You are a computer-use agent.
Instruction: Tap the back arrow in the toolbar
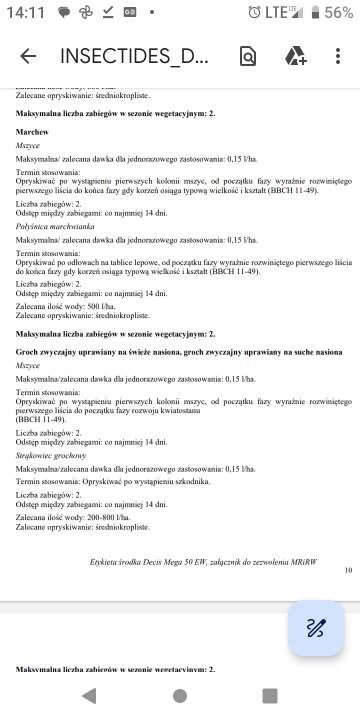click(28, 56)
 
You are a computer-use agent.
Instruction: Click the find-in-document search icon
click(247, 56)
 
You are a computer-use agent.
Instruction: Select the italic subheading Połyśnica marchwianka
click(55, 227)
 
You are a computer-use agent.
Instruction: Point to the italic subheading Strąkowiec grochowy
click(51, 455)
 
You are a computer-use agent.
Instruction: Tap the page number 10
click(347, 570)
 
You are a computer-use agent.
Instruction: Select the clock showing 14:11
click(21, 13)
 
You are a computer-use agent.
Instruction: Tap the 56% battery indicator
click(337, 13)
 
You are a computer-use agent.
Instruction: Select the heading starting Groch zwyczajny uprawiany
click(179, 352)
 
